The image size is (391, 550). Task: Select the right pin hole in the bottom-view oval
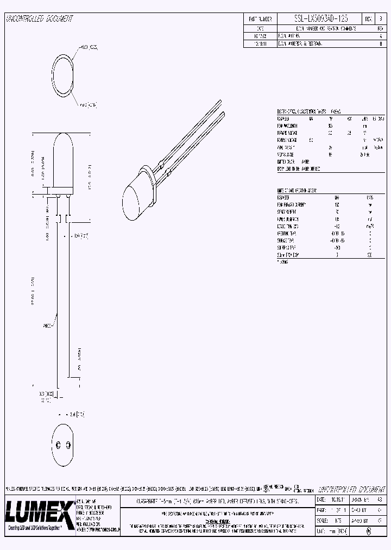click(67, 445)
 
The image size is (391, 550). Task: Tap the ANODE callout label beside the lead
click(48, 326)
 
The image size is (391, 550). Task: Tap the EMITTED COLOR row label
click(288, 161)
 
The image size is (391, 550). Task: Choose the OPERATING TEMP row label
click(288, 233)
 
